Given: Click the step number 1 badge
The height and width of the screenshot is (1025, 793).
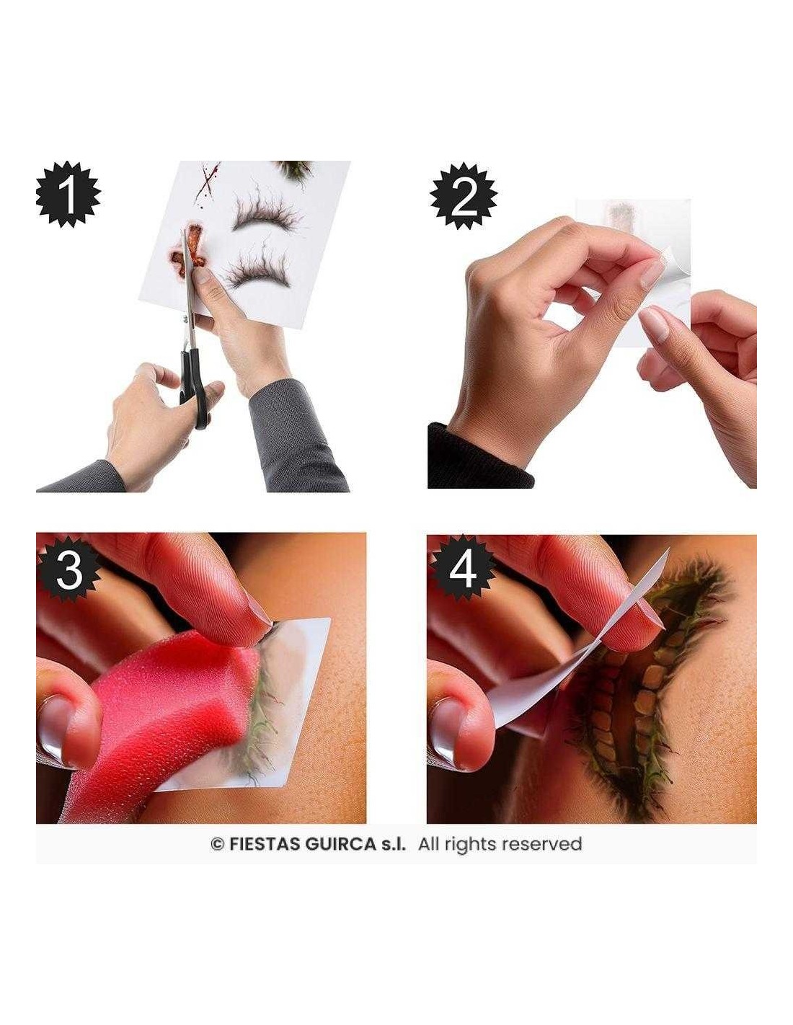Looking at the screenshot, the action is (x=68, y=194).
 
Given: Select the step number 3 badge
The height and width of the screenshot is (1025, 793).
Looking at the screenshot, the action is (x=69, y=570).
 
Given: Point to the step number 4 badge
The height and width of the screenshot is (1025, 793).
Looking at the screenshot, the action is (x=462, y=570).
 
